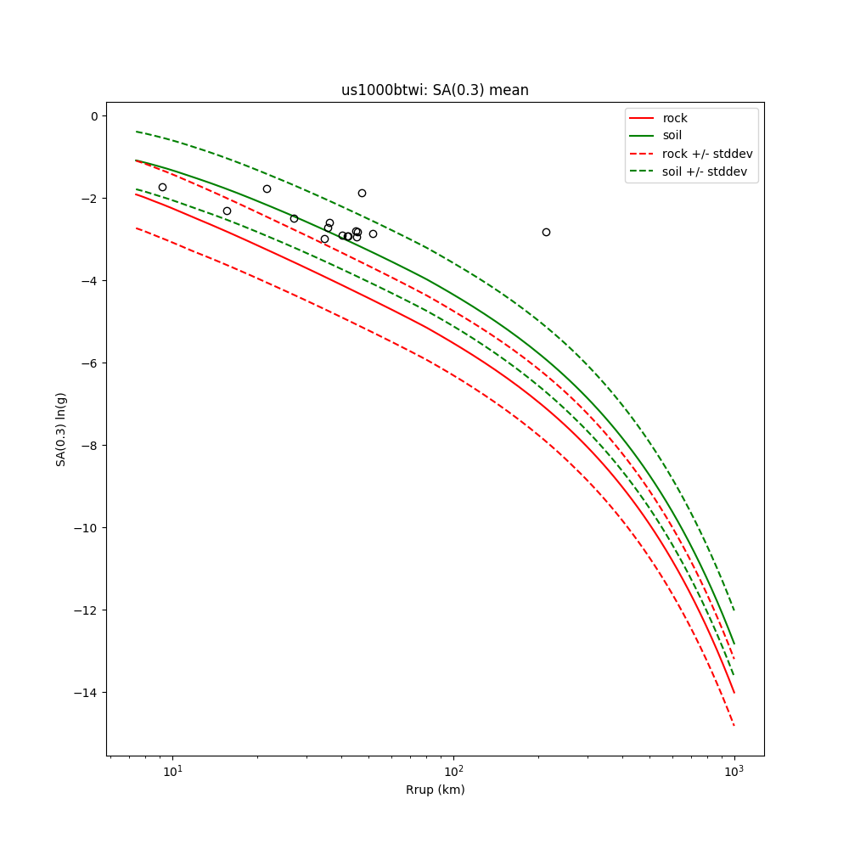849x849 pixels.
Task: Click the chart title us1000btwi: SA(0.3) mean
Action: point(435,90)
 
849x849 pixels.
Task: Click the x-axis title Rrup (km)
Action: point(435,790)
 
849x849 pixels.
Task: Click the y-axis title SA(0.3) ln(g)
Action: point(61,429)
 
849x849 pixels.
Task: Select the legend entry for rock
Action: point(675,118)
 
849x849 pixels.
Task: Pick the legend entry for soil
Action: point(672,135)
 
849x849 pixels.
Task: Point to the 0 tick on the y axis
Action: point(95,116)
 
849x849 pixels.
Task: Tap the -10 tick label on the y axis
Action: point(88,528)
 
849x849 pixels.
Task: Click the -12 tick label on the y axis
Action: point(88,610)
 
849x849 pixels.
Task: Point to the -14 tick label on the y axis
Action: point(88,693)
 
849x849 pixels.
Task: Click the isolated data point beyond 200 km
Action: point(546,232)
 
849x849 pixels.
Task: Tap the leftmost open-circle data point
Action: point(162,187)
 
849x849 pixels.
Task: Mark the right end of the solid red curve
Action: point(734,693)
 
